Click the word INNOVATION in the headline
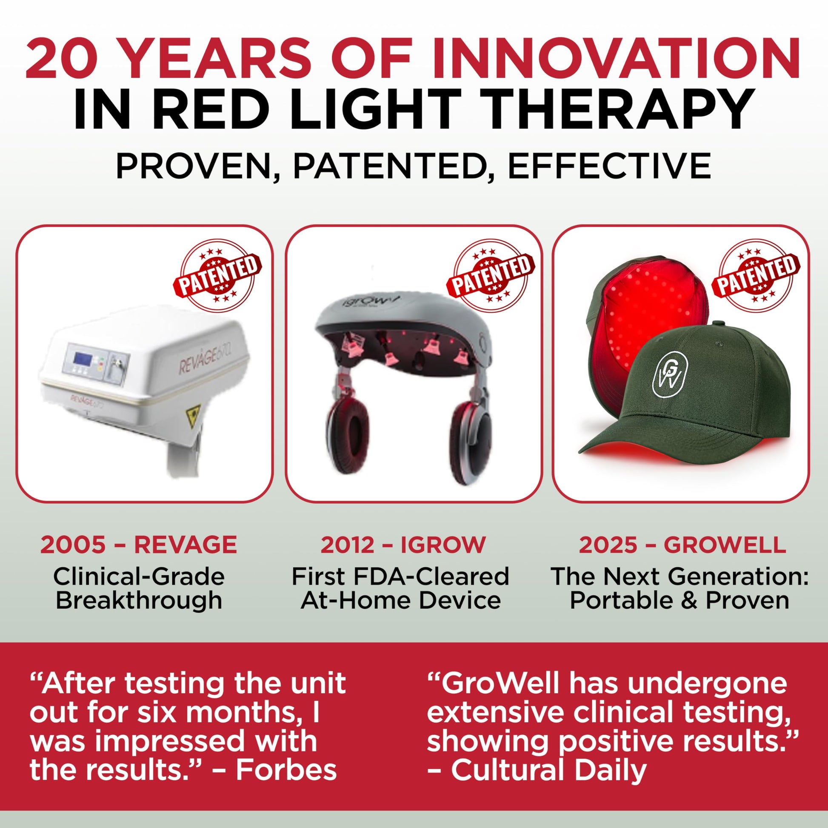click(x=616, y=58)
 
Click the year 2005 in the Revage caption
click(x=73, y=545)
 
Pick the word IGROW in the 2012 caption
click(x=443, y=545)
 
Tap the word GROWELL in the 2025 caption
click(x=725, y=545)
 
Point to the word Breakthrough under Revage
click(x=139, y=600)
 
